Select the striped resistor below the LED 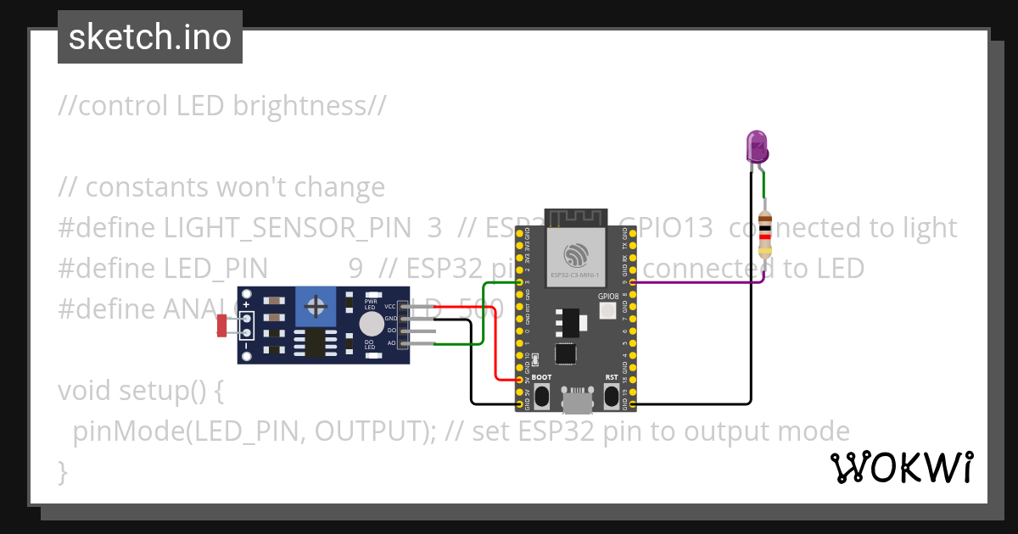tap(765, 234)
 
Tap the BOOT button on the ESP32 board tap(543, 395)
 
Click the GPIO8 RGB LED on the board tap(607, 311)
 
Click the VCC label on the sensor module tap(390, 306)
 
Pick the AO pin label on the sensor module tap(391, 342)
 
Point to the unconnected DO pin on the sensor tap(420, 331)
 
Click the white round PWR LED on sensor tap(371, 324)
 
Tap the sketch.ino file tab tap(150, 37)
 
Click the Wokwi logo tap(901, 467)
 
